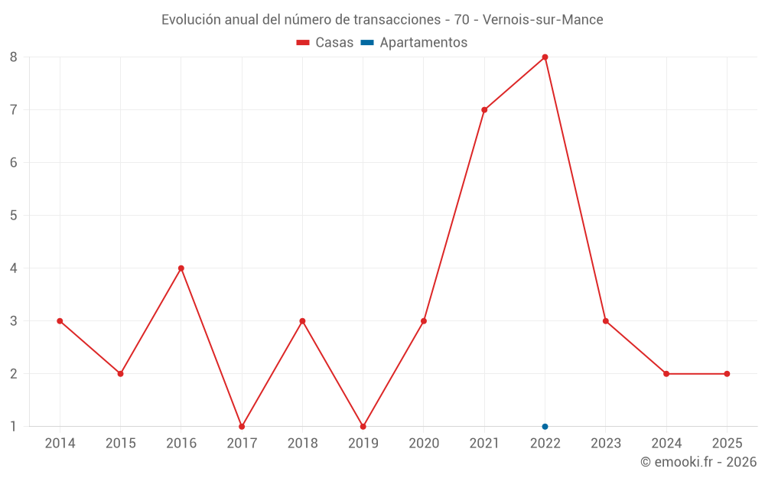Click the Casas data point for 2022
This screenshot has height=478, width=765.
(x=545, y=57)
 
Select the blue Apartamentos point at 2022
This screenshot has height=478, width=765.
(x=545, y=427)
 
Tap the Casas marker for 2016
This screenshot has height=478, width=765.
(x=181, y=268)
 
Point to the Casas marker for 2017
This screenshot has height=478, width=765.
(x=242, y=427)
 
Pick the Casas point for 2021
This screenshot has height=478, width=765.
(x=484, y=109)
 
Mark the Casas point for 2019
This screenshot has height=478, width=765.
(x=363, y=427)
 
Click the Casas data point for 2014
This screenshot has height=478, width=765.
(x=60, y=321)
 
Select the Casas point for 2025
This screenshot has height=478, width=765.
(x=727, y=374)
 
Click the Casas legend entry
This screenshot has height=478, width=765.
(x=325, y=43)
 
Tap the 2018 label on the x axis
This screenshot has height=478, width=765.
(x=302, y=444)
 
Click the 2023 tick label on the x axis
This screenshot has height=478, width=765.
(x=605, y=444)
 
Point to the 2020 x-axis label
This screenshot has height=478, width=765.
(x=424, y=444)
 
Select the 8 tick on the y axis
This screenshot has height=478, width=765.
(x=14, y=57)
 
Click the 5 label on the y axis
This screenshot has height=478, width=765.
(x=14, y=216)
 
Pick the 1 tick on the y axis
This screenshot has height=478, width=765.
(x=14, y=427)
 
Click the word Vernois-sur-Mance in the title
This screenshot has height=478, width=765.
(x=543, y=20)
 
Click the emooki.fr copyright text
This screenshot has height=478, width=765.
(x=698, y=462)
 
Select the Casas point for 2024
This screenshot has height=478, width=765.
(x=666, y=374)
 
